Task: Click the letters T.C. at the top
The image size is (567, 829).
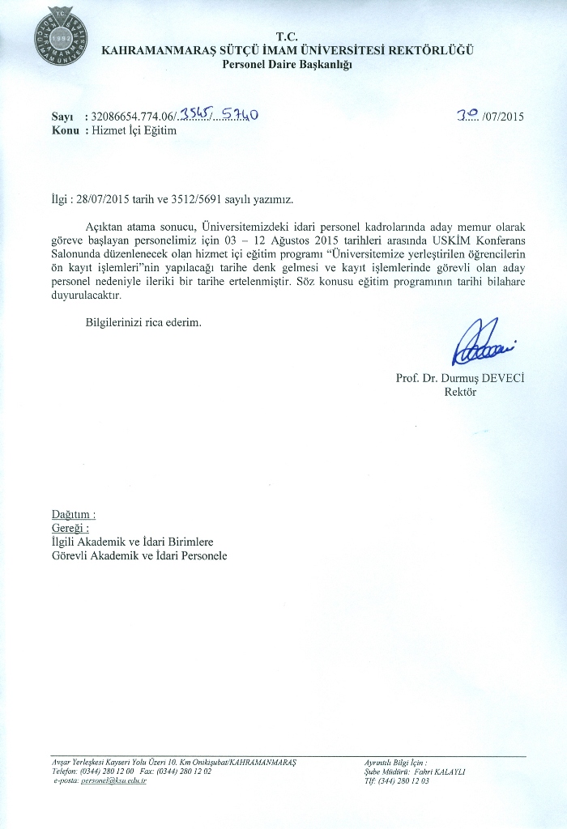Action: (288, 36)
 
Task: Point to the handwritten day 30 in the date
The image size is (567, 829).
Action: (467, 115)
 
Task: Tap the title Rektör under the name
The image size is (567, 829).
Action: (460, 393)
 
